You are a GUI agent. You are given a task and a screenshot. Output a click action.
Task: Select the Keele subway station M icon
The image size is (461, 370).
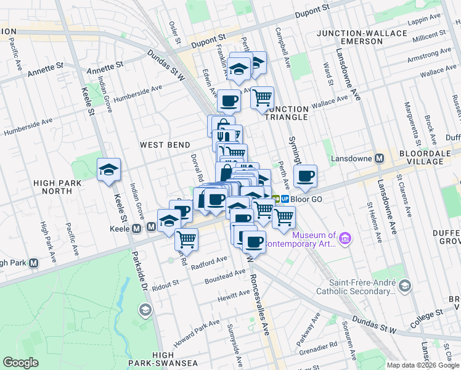[152, 228]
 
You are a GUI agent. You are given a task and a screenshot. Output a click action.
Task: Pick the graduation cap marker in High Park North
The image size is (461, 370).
[108, 170]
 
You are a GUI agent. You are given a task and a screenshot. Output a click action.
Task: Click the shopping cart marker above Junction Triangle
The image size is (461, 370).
[263, 97]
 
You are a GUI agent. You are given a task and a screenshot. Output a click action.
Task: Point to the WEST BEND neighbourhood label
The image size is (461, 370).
[165, 145]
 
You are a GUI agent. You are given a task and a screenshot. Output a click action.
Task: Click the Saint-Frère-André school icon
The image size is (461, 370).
[404, 286]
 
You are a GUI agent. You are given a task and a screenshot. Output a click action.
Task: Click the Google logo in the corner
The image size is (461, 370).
[21, 363]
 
